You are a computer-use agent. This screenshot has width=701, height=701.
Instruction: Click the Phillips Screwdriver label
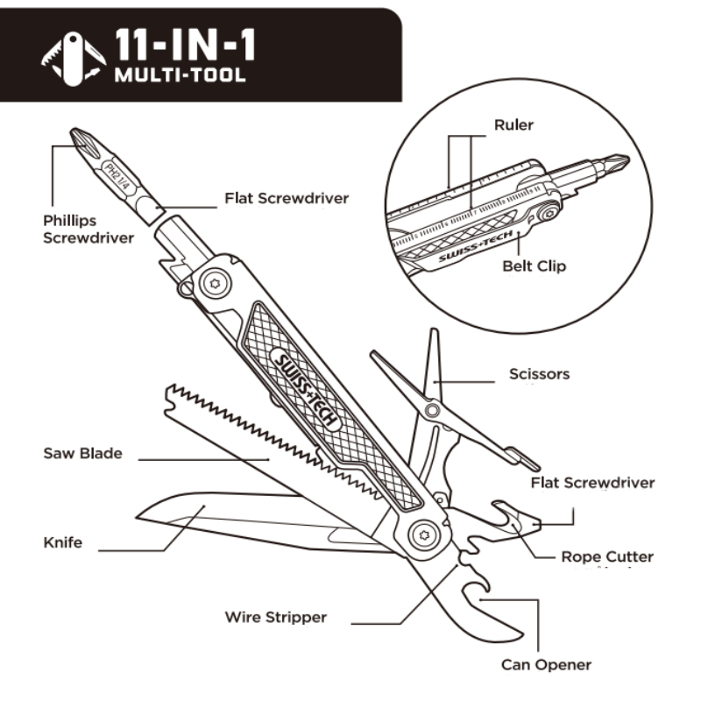(89, 229)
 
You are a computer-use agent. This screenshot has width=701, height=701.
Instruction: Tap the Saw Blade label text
(82, 453)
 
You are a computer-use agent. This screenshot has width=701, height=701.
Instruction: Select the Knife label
(63, 542)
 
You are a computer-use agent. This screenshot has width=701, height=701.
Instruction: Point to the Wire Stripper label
(276, 618)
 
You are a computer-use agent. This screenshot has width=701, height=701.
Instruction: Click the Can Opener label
(546, 665)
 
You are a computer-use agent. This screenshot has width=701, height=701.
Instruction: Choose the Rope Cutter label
(607, 556)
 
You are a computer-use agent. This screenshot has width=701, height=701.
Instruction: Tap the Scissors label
(540, 374)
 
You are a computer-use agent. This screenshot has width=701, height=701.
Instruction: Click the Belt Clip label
(535, 266)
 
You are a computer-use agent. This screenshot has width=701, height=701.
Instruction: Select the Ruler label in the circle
(513, 124)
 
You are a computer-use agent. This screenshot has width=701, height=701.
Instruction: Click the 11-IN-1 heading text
(185, 45)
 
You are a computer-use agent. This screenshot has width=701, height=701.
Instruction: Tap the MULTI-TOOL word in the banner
(181, 74)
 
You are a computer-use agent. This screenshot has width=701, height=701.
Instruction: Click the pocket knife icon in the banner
(74, 59)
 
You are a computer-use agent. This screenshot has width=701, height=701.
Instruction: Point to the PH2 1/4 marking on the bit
(116, 178)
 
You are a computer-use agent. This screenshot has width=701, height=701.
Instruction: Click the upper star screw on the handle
(215, 283)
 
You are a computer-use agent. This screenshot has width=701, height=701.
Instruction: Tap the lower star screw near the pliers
(423, 535)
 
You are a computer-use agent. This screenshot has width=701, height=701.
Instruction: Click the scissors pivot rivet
(432, 410)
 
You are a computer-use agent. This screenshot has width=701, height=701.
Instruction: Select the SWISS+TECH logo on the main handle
(306, 390)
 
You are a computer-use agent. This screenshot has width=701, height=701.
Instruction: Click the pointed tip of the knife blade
(137, 518)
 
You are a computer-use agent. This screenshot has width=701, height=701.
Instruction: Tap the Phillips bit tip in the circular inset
(627, 159)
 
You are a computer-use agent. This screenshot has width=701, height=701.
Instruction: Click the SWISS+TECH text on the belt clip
(476, 246)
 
